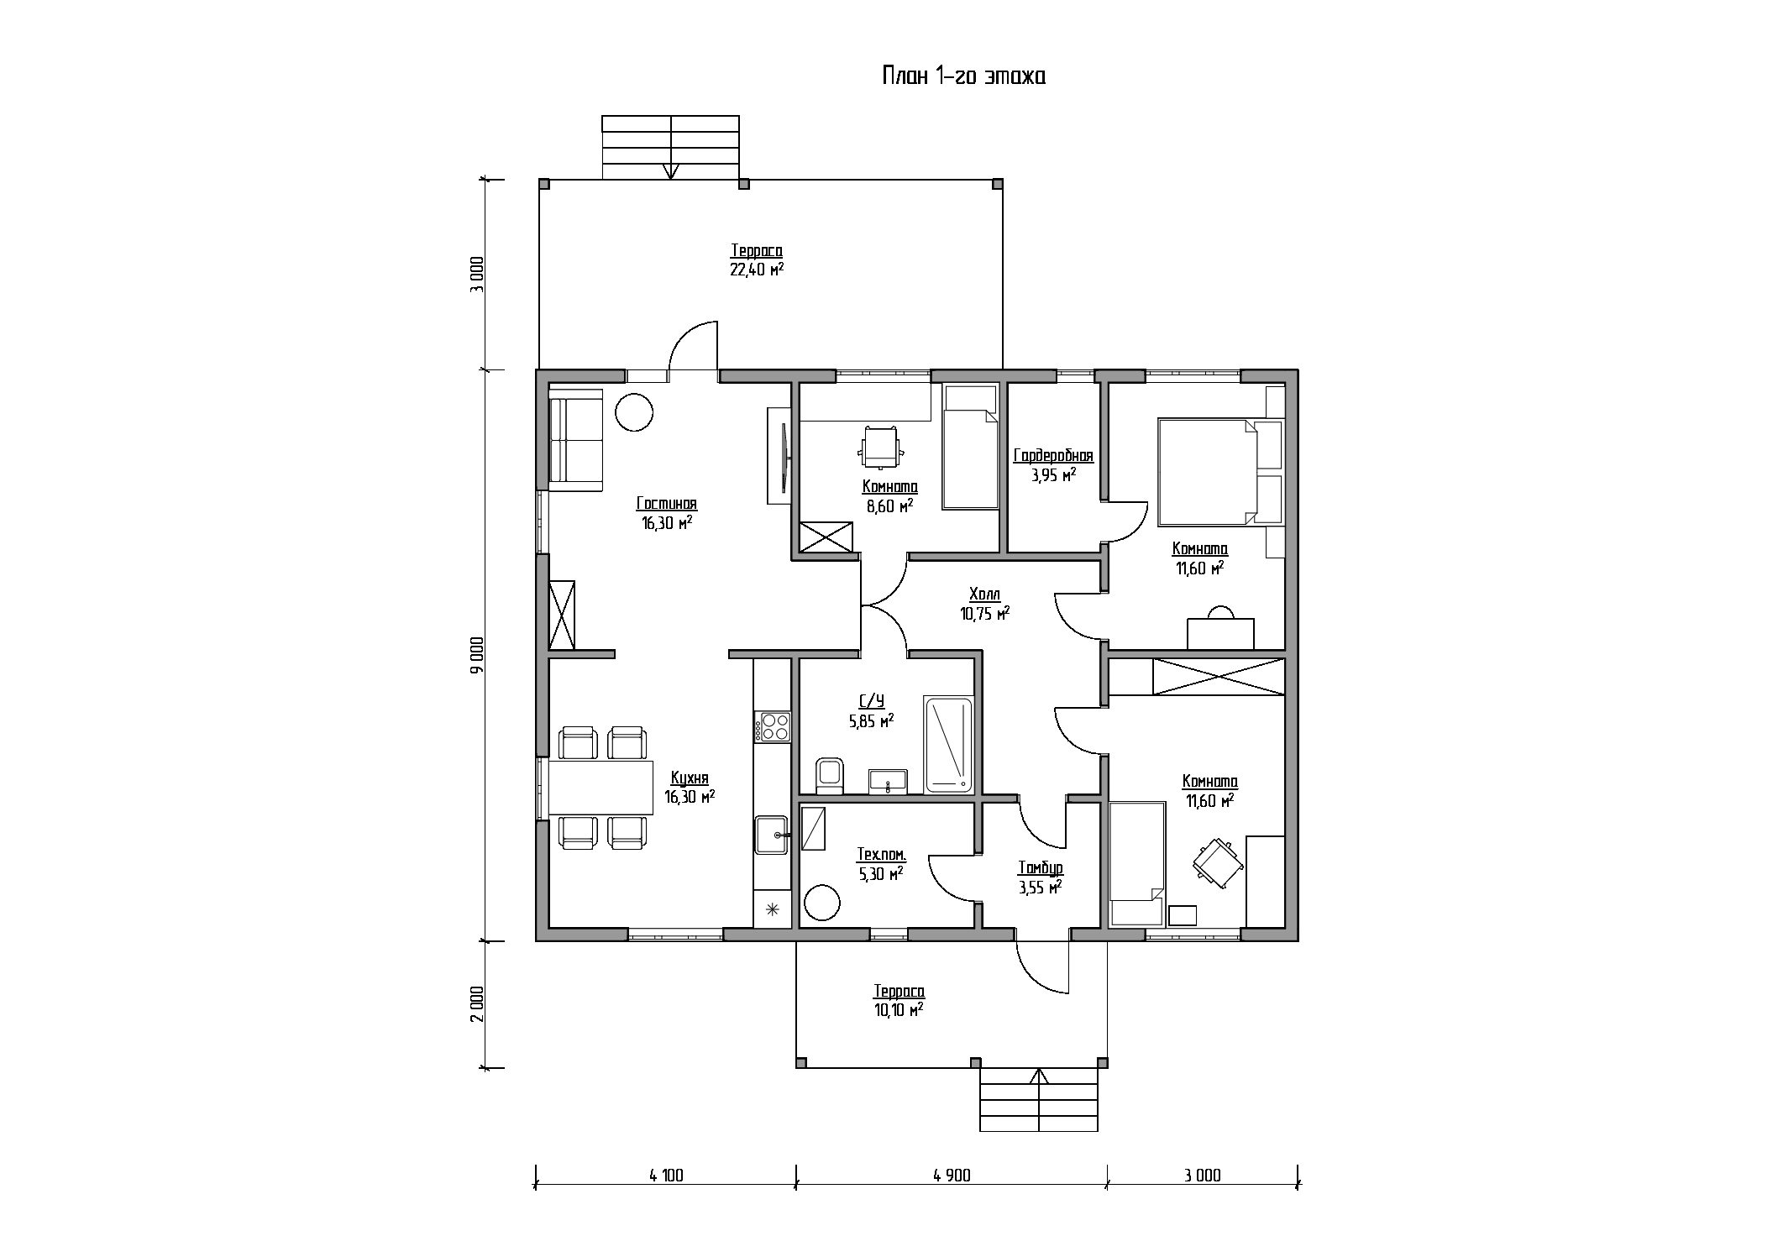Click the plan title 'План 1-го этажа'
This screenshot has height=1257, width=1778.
coord(962,76)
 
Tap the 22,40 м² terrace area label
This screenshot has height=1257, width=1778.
coord(757,270)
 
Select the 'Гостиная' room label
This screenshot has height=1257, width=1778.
coord(667,504)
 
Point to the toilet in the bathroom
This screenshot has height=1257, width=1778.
coord(829,775)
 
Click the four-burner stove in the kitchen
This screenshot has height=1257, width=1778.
coord(773,726)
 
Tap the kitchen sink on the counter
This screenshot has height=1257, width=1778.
coord(772,835)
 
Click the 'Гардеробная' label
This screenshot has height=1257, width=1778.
coord(1053,456)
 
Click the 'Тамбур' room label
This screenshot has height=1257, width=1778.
coord(1041,868)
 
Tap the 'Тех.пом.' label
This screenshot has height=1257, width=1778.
coord(881,855)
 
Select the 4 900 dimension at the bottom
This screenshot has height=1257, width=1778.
coord(951,1176)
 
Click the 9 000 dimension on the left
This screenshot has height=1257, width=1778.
coord(477,655)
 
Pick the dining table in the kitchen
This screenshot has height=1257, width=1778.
coord(601,788)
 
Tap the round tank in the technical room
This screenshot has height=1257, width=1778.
coord(822,903)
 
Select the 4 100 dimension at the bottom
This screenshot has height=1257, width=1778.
coord(666,1176)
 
